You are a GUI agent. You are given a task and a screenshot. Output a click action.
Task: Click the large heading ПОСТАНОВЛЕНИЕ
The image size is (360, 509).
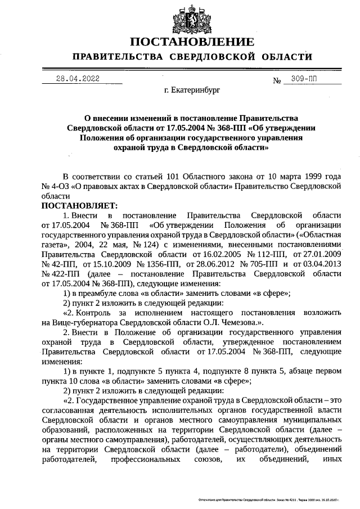pyautogui.click(x=192, y=42)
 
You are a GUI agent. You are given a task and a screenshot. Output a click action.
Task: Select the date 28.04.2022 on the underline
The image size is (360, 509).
pyautogui.click(x=78, y=79)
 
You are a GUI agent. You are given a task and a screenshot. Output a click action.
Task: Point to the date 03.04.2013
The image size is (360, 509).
pyautogui.click(x=321, y=264)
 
